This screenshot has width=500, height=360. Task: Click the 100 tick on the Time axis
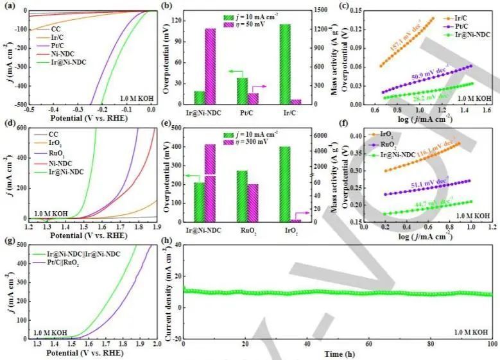pos(492,345)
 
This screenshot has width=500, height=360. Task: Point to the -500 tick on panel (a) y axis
pos(20,104)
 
